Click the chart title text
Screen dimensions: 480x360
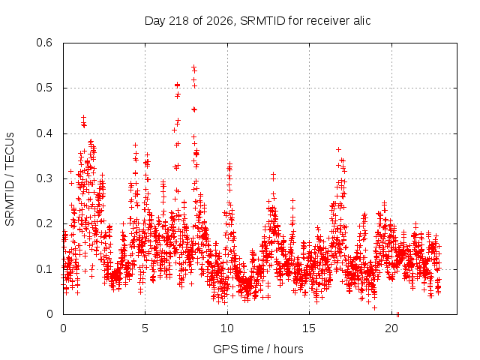coord(257,21)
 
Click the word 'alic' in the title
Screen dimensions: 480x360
coord(361,20)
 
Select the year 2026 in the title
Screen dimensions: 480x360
coord(220,21)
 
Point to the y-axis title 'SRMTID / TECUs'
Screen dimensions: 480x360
coord(10,179)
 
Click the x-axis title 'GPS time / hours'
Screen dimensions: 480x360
coord(258,349)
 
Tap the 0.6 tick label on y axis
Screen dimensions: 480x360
coord(44,43)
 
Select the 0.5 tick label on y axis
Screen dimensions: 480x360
coord(44,88)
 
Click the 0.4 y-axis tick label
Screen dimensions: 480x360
coord(44,133)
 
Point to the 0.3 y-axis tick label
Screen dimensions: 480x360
coord(44,178)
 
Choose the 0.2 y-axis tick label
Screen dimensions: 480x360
coord(44,223)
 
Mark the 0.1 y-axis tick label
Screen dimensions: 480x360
coord(44,269)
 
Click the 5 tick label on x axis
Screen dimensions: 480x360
coord(145,328)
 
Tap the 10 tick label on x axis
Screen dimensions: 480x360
coord(226,328)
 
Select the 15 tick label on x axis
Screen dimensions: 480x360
coord(309,328)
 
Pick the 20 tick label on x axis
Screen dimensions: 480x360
coord(391,328)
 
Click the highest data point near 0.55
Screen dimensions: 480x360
coord(193,67)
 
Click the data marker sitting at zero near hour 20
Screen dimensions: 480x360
coord(397,314)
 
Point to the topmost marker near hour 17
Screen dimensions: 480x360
coord(338,149)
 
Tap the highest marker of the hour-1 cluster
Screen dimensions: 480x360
coord(83,117)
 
